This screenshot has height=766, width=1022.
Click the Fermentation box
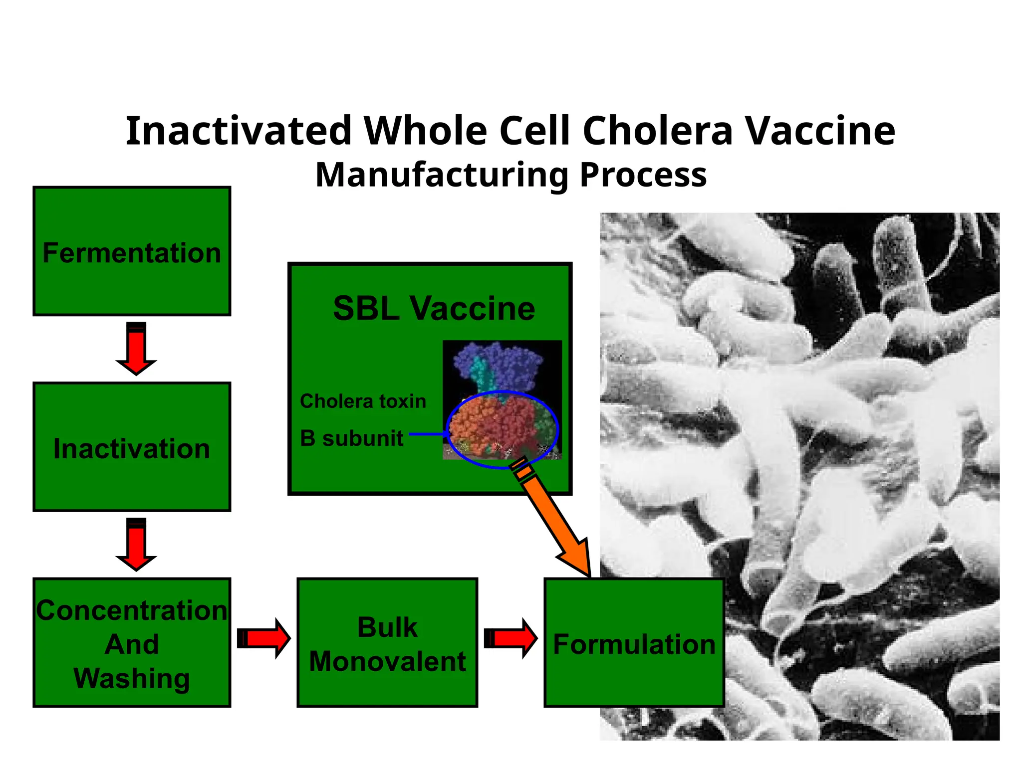(x=132, y=251)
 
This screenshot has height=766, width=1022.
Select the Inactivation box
(x=132, y=447)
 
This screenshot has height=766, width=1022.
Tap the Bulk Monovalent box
(x=387, y=643)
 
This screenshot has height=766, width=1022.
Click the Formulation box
(x=634, y=643)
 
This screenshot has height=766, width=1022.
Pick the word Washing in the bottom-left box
(x=132, y=679)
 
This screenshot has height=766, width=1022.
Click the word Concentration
(x=132, y=610)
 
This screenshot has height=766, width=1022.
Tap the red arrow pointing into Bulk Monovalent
(x=264, y=638)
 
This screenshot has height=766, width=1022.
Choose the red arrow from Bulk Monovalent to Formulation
(x=511, y=638)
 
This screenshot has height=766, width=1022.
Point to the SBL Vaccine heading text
(x=434, y=308)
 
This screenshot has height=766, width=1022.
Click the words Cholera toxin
(x=363, y=401)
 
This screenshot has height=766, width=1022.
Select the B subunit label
(x=351, y=438)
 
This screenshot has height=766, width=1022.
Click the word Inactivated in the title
(x=239, y=131)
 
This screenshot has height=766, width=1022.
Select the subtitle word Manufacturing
(x=442, y=175)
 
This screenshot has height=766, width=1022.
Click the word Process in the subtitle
(x=643, y=175)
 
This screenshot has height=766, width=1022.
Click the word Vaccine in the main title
(x=820, y=131)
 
